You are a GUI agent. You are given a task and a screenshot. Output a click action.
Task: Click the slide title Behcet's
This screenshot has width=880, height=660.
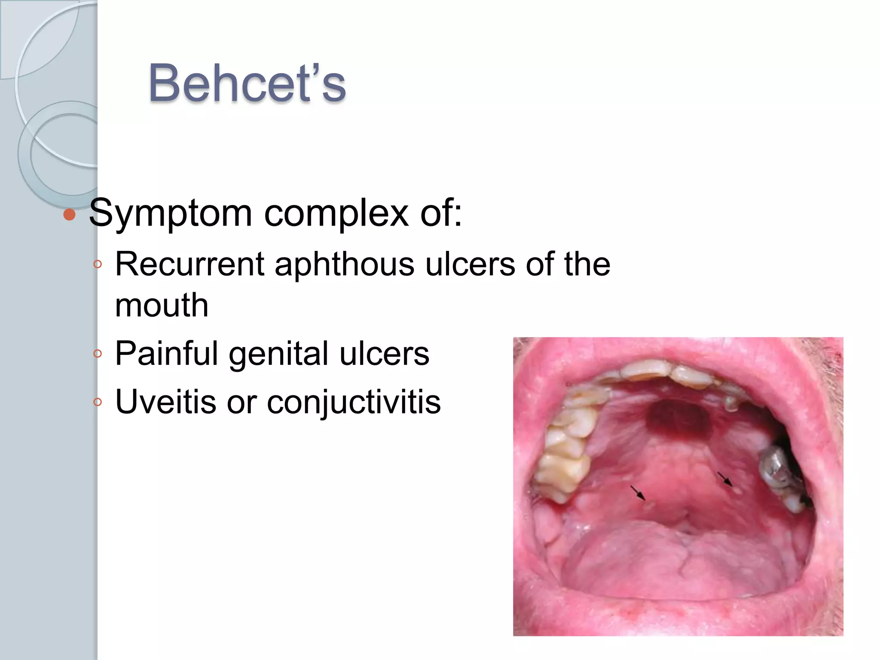[x=247, y=83]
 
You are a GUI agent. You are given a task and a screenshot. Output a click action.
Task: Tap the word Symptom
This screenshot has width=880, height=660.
[x=170, y=213]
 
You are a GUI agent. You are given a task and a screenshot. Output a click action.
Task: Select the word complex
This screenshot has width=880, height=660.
[x=336, y=213]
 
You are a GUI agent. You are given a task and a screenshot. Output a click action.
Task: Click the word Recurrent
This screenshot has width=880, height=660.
[x=189, y=264]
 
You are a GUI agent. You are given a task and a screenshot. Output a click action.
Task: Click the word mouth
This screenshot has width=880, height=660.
[x=162, y=306]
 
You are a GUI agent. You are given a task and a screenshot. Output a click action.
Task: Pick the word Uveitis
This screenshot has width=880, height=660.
[x=165, y=402]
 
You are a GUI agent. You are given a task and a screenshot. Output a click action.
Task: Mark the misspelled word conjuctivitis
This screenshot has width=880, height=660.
[x=354, y=402]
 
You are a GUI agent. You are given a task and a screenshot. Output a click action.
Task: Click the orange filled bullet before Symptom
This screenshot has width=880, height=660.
[x=69, y=214]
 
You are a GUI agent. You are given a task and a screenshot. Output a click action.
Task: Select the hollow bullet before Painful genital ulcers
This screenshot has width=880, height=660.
[x=98, y=354]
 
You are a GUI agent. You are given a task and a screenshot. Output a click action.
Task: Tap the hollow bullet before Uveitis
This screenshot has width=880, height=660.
[x=98, y=402]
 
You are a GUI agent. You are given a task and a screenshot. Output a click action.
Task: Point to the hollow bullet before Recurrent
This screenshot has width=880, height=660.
[x=98, y=264]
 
